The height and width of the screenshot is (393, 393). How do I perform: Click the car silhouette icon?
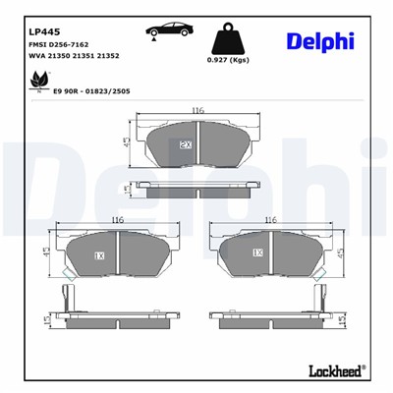[x=170, y=31]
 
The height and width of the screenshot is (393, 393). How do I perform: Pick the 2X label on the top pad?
[x=185, y=144]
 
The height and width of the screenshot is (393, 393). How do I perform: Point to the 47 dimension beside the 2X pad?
[x=127, y=143]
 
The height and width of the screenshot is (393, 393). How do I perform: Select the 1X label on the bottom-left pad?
[x=99, y=254]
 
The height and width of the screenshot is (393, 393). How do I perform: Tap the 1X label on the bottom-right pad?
[x=258, y=253]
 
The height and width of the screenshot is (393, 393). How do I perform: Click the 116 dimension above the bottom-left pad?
[x=118, y=220]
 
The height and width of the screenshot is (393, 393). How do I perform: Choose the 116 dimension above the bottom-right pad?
[x=271, y=220]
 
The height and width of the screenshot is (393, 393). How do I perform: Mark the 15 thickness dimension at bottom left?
[x=47, y=321]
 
